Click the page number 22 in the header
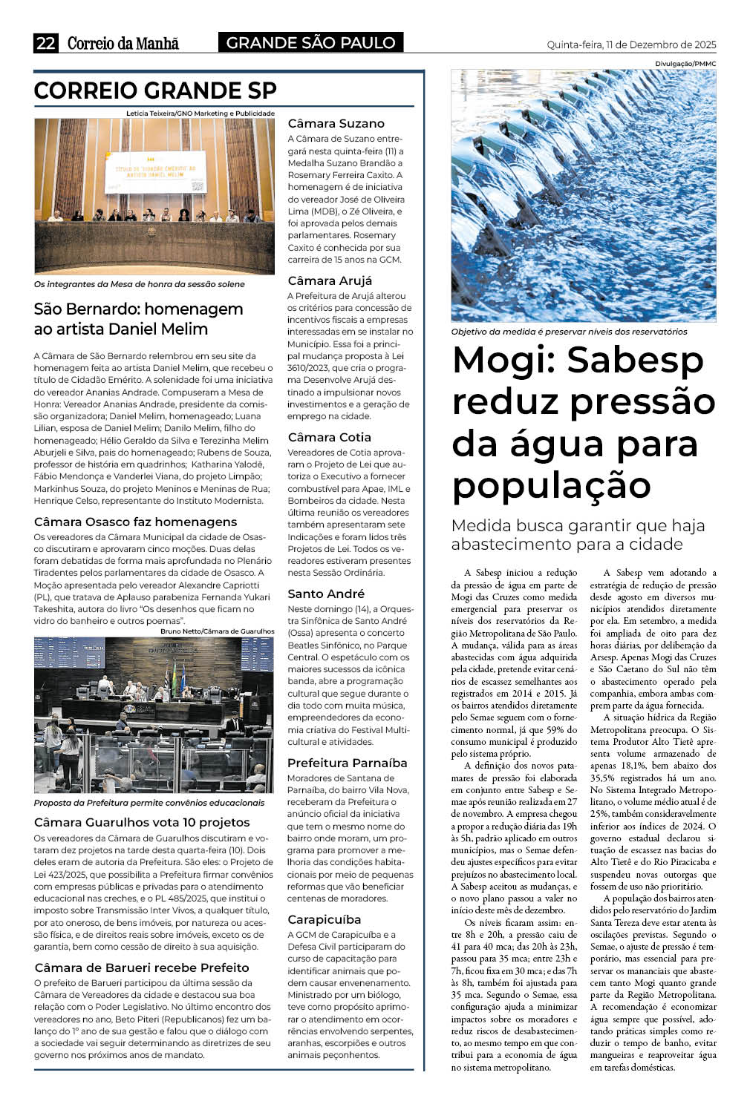click(x=45, y=43)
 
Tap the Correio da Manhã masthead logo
click(x=123, y=43)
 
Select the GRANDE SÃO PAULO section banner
click(x=310, y=43)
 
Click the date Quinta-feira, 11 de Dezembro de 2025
click(x=631, y=45)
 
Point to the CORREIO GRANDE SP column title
click(x=155, y=91)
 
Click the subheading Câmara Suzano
click(x=336, y=123)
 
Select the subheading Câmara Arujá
click(x=330, y=280)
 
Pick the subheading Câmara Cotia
click(x=329, y=437)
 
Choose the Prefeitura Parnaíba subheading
click(x=347, y=763)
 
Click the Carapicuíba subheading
click(x=324, y=919)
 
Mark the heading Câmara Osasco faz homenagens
click(x=135, y=522)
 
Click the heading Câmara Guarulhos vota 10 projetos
click(x=142, y=822)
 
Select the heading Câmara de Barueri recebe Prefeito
click(x=141, y=967)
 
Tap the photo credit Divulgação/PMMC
click(x=685, y=64)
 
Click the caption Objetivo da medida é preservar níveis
click(x=569, y=332)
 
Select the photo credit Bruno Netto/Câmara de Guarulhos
click(x=217, y=631)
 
